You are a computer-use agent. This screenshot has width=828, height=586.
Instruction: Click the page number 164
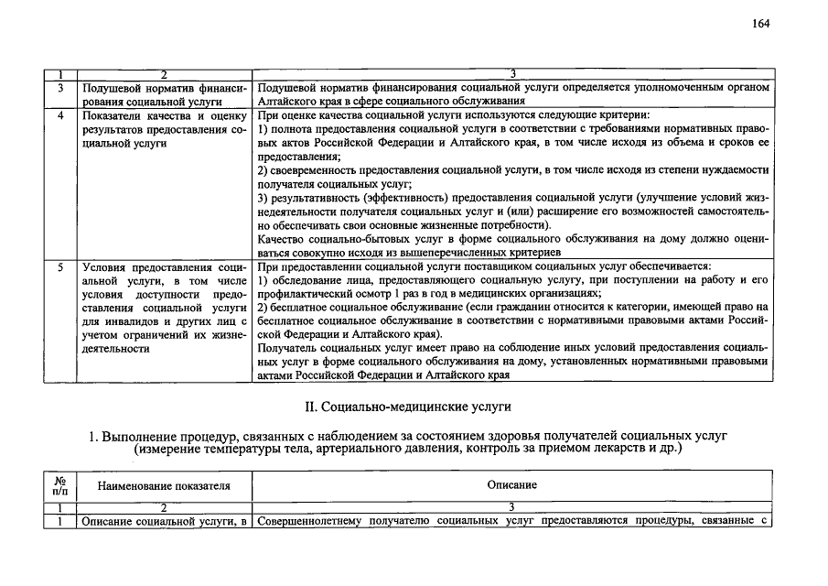761,24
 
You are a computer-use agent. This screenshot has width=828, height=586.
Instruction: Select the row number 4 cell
60,116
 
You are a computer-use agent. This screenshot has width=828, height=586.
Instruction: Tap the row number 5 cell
60,266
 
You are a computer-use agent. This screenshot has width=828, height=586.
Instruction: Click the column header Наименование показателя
164,484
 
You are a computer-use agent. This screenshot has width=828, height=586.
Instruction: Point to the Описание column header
512,484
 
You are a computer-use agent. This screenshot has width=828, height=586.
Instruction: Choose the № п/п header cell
59,484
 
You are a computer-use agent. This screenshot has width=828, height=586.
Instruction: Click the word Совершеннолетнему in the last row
311,521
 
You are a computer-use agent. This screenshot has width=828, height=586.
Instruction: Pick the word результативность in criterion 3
314,198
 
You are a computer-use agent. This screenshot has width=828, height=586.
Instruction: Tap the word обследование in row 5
308,280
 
